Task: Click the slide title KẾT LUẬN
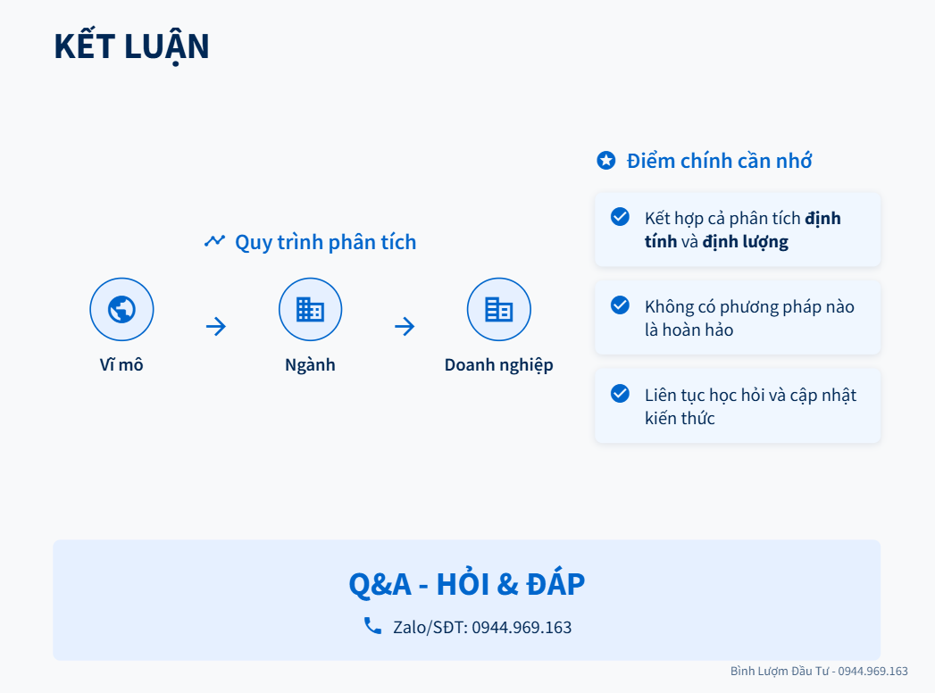pyautogui.click(x=131, y=47)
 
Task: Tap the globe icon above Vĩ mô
pyautogui.click(x=121, y=310)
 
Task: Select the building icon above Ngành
pyautogui.click(x=310, y=310)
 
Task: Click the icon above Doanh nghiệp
pyautogui.click(x=498, y=310)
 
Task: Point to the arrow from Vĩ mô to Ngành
pyautogui.click(x=216, y=326)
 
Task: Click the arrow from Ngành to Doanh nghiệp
pyautogui.click(x=405, y=326)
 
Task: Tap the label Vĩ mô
pyautogui.click(x=121, y=364)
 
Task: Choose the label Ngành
pyautogui.click(x=310, y=364)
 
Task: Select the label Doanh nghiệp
pyautogui.click(x=498, y=365)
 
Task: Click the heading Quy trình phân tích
pyautogui.click(x=326, y=242)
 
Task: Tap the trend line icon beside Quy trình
pyautogui.click(x=214, y=240)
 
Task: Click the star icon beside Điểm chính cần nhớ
pyautogui.click(x=606, y=161)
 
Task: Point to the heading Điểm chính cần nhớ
pyautogui.click(x=719, y=161)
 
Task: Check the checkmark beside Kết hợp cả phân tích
pyautogui.click(x=620, y=216)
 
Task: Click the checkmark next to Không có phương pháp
pyautogui.click(x=620, y=305)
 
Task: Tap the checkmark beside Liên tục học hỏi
pyautogui.click(x=620, y=393)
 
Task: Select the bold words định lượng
pyautogui.click(x=746, y=242)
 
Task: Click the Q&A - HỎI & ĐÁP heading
pyautogui.click(x=467, y=584)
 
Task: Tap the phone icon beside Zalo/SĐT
pyautogui.click(x=372, y=626)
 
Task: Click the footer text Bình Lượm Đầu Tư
pyautogui.click(x=780, y=671)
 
